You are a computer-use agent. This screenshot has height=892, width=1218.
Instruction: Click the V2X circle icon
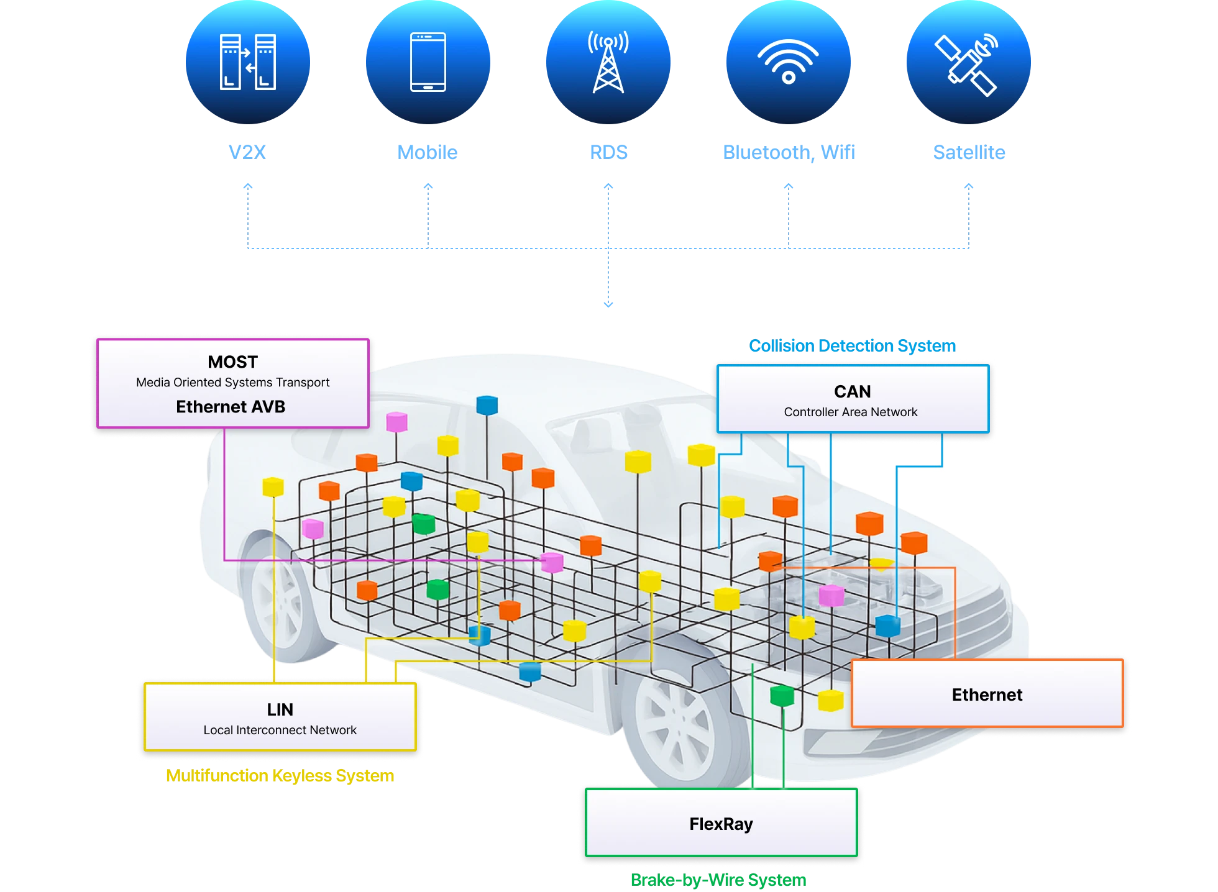click(248, 62)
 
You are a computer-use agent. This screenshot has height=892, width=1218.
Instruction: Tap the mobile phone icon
click(428, 62)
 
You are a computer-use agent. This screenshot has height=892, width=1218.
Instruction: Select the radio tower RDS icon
click(608, 62)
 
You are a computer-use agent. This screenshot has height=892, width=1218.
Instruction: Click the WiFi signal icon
click(788, 62)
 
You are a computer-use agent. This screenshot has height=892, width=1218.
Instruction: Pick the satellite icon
click(968, 62)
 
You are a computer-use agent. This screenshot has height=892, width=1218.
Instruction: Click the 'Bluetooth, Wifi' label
click(788, 152)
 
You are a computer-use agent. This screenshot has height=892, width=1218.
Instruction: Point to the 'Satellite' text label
click(968, 152)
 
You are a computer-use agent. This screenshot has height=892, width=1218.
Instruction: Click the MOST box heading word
click(232, 362)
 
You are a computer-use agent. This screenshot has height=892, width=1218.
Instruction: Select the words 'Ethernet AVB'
click(231, 407)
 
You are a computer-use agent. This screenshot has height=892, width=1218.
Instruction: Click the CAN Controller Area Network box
click(853, 399)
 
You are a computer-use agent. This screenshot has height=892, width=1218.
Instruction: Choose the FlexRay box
click(721, 824)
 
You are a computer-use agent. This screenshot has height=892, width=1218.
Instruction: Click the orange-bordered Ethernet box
click(987, 694)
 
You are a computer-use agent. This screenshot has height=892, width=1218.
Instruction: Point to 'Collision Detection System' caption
click(853, 345)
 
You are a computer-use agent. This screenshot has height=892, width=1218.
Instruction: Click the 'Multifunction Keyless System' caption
click(280, 775)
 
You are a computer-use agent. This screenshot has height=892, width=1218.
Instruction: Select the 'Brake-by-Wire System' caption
click(720, 880)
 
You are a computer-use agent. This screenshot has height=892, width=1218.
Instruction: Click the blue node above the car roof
click(487, 405)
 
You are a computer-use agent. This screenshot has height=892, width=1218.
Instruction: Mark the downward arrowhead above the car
click(608, 303)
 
